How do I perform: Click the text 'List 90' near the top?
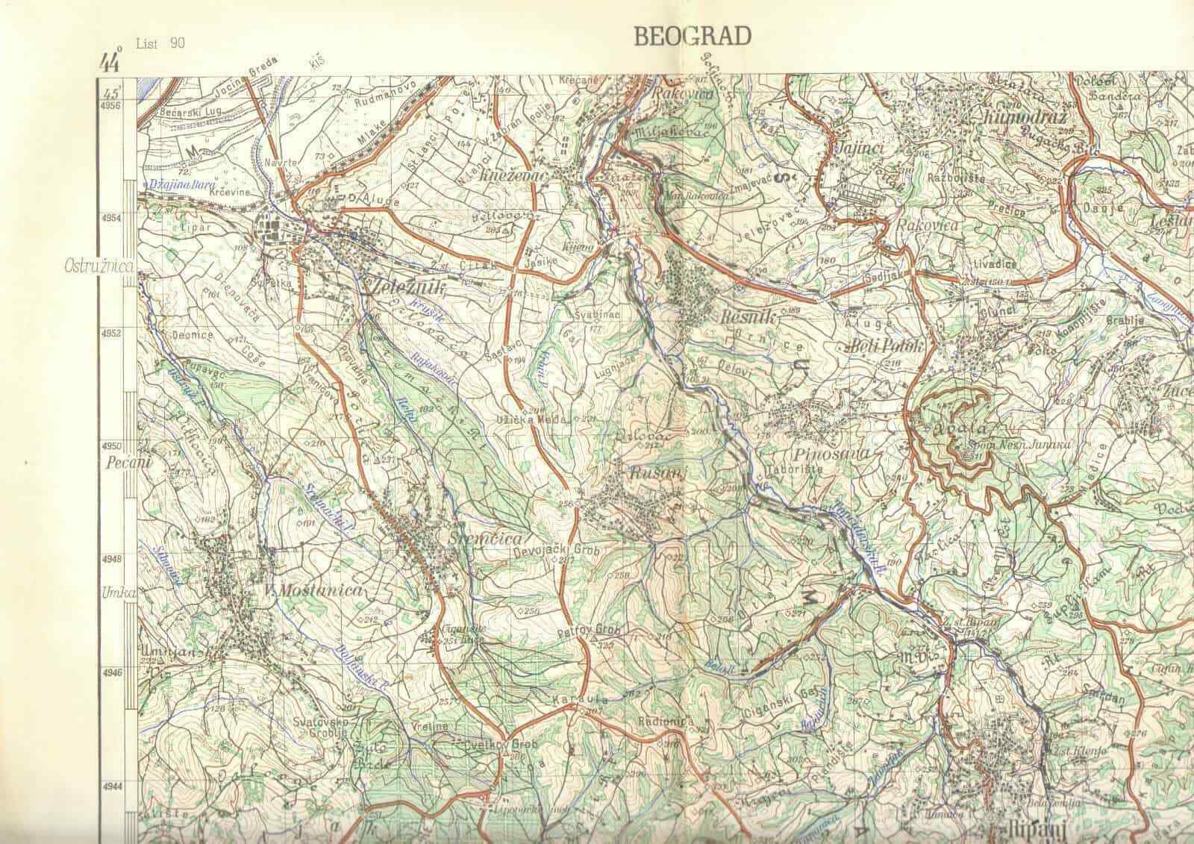(x=160, y=43)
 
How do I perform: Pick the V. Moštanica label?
(x=313, y=590)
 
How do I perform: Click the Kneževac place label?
(x=535, y=173)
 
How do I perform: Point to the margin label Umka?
(x=116, y=594)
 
